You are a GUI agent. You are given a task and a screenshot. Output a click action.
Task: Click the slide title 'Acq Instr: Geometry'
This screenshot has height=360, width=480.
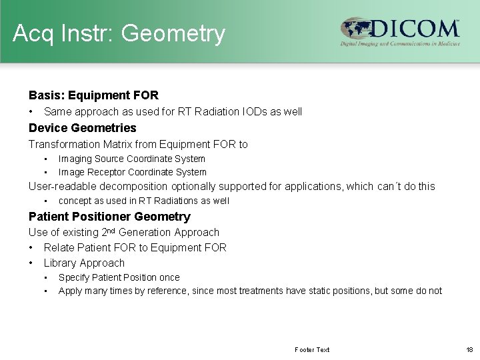(119, 33)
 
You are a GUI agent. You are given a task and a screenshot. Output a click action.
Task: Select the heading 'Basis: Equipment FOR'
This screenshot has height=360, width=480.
(93, 96)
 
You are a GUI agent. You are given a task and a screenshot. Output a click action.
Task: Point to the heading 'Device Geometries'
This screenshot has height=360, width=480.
(82, 128)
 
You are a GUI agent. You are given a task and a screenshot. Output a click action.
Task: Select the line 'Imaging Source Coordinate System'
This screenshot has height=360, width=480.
(131, 159)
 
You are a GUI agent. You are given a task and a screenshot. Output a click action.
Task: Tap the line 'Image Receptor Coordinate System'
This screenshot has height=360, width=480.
(132, 172)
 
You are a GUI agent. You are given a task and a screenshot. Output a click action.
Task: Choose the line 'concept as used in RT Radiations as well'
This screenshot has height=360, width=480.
(143, 201)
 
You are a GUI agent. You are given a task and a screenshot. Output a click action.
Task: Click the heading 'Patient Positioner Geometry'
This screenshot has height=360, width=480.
(109, 217)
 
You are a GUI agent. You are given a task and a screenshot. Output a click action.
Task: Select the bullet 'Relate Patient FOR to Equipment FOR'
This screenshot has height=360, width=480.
(135, 247)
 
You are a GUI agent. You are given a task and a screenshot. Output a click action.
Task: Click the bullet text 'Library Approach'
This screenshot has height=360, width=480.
(84, 263)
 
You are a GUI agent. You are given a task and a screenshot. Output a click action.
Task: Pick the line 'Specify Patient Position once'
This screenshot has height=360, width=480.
(119, 277)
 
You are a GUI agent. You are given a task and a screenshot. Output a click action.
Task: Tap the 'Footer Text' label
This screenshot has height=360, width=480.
(311, 349)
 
